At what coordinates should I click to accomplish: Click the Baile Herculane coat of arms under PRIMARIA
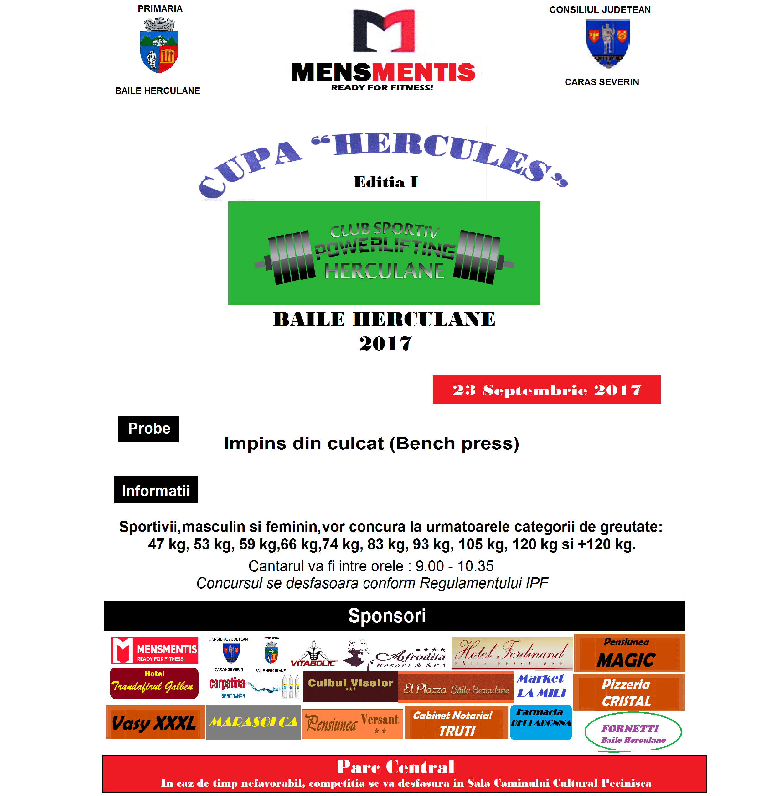(x=159, y=46)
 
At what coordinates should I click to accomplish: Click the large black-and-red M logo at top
(x=384, y=31)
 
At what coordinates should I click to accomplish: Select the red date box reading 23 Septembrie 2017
(x=546, y=390)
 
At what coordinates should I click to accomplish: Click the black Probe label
(x=148, y=429)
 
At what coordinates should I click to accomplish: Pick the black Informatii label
(x=156, y=490)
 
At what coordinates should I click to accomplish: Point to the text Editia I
(x=385, y=182)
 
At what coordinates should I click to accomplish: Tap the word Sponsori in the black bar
(x=387, y=615)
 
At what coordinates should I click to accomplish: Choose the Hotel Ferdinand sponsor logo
(x=512, y=653)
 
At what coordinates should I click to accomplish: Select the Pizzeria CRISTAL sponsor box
(x=628, y=692)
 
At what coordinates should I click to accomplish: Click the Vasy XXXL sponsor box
(x=155, y=722)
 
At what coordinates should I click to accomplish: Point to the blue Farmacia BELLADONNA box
(x=541, y=722)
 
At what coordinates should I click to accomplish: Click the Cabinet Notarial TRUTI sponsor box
(x=456, y=723)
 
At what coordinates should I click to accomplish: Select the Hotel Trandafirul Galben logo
(x=154, y=683)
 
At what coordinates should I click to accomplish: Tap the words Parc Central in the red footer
(x=395, y=767)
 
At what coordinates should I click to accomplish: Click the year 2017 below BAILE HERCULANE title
(x=385, y=343)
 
